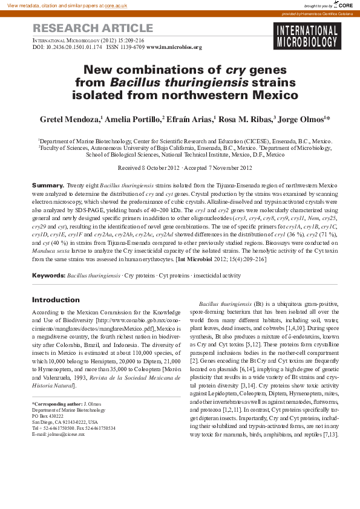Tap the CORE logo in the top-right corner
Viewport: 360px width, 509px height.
click(x=344, y=5)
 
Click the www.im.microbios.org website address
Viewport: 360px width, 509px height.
click(x=174, y=47)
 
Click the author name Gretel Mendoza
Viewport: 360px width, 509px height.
click(x=70, y=119)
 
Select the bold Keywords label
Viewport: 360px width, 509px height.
click(x=48, y=275)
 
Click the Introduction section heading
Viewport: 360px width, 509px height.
click(x=56, y=300)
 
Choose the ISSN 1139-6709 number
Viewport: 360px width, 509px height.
click(x=125, y=47)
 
